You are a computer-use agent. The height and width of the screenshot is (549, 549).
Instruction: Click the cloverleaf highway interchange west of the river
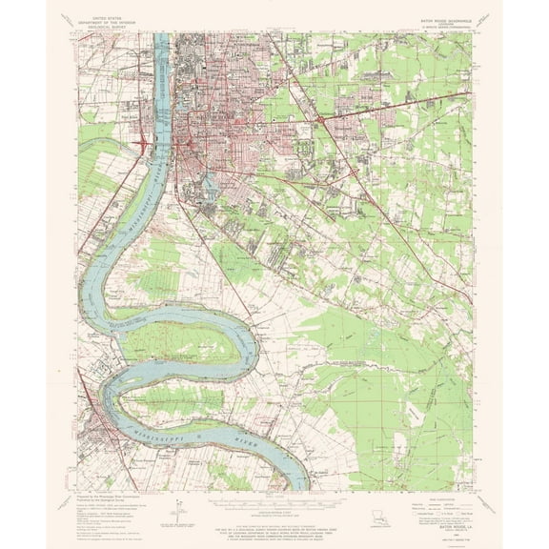141,145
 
